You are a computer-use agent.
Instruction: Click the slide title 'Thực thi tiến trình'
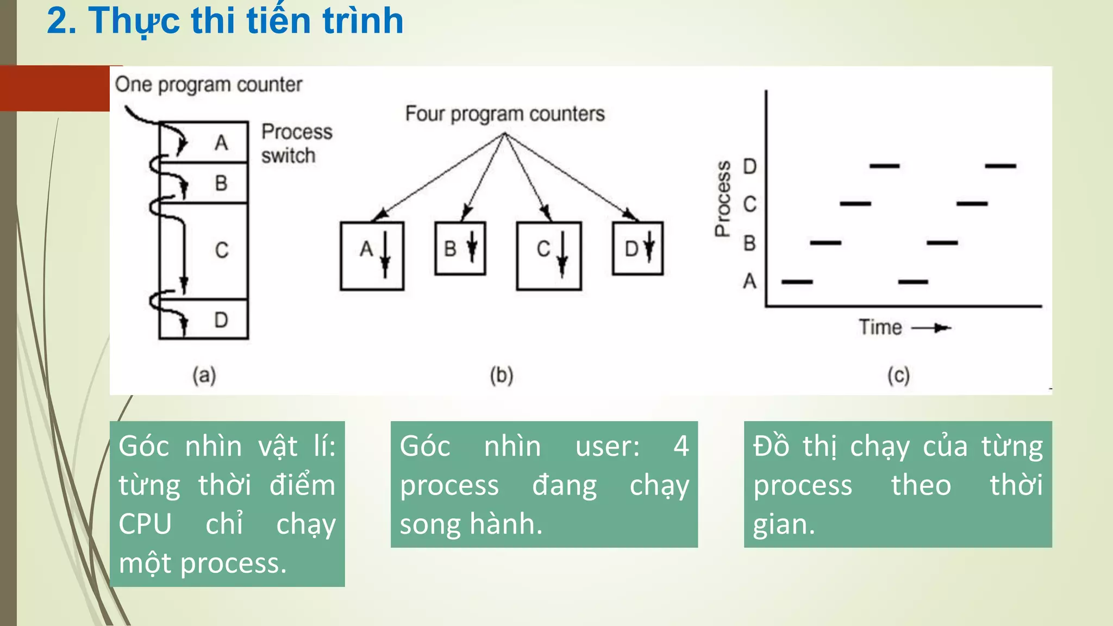coord(225,22)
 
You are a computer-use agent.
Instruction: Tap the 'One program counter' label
coord(208,85)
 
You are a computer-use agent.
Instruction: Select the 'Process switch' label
coord(296,143)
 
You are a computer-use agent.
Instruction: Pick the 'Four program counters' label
coord(504,114)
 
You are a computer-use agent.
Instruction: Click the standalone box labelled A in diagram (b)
coord(372,255)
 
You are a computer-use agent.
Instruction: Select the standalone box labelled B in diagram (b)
coord(460,248)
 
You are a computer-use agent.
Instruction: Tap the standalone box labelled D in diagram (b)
coord(637,248)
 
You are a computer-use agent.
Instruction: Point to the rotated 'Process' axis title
coord(722,199)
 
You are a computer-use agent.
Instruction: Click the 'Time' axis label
coord(880,328)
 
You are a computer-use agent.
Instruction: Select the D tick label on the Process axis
coord(750,166)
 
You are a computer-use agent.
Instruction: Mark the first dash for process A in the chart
coord(797,282)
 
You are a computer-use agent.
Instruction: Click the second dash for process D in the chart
coord(1001,166)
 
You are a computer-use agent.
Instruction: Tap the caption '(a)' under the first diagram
coord(204,375)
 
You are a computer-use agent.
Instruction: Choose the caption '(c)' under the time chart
coord(898,375)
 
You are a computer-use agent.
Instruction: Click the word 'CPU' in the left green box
coord(145,524)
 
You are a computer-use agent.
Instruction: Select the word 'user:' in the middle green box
coord(608,447)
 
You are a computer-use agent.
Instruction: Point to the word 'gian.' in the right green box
coord(784,525)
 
